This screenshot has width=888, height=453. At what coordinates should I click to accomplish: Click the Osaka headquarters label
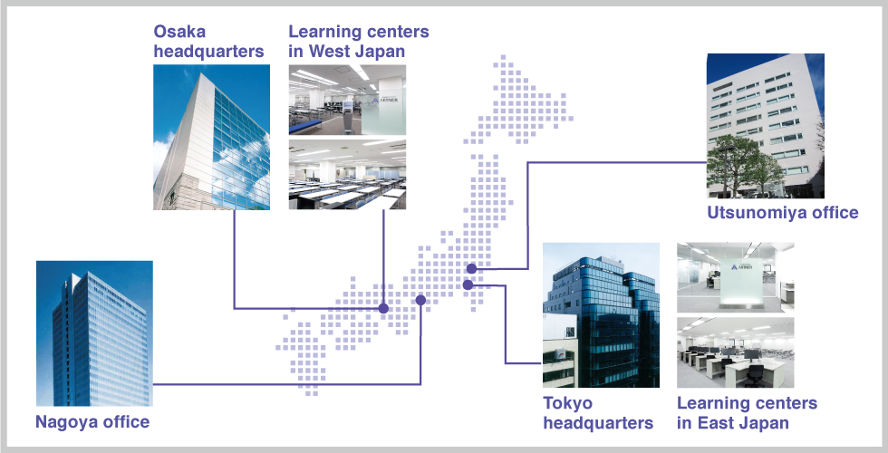coord(208,42)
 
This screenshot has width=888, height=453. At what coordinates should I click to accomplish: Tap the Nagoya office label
coord(92,422)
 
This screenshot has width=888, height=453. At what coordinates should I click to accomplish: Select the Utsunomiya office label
coord(783,213)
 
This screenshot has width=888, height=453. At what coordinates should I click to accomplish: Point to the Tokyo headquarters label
coord(598,413)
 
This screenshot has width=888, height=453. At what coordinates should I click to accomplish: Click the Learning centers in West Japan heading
coord(359,42)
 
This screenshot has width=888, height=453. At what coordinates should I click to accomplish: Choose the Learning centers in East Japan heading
coord(747,413)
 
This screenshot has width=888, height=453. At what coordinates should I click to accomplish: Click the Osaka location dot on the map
coord(383,308)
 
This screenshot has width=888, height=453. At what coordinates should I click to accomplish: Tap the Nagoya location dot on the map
coord(420,300)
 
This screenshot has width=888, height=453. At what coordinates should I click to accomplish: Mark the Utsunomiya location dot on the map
coord(471,268)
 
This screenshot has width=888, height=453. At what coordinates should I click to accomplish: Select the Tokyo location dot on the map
coord(468,284)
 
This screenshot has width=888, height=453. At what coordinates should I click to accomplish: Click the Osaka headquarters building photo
coord(211,137)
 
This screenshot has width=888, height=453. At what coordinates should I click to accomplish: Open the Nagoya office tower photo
coord(94,333)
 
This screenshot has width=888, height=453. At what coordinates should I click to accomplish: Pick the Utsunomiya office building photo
coord(765,126)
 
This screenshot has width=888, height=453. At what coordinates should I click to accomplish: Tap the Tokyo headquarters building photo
coord(601,315)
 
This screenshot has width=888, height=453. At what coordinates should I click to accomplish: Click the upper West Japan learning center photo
coord(347,100)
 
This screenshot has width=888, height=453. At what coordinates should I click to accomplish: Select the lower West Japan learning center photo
coord(347,174)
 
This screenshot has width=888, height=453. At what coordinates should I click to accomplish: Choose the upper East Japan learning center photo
coord(735,277)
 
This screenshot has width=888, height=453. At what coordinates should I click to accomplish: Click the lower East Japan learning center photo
coord(735,352)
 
